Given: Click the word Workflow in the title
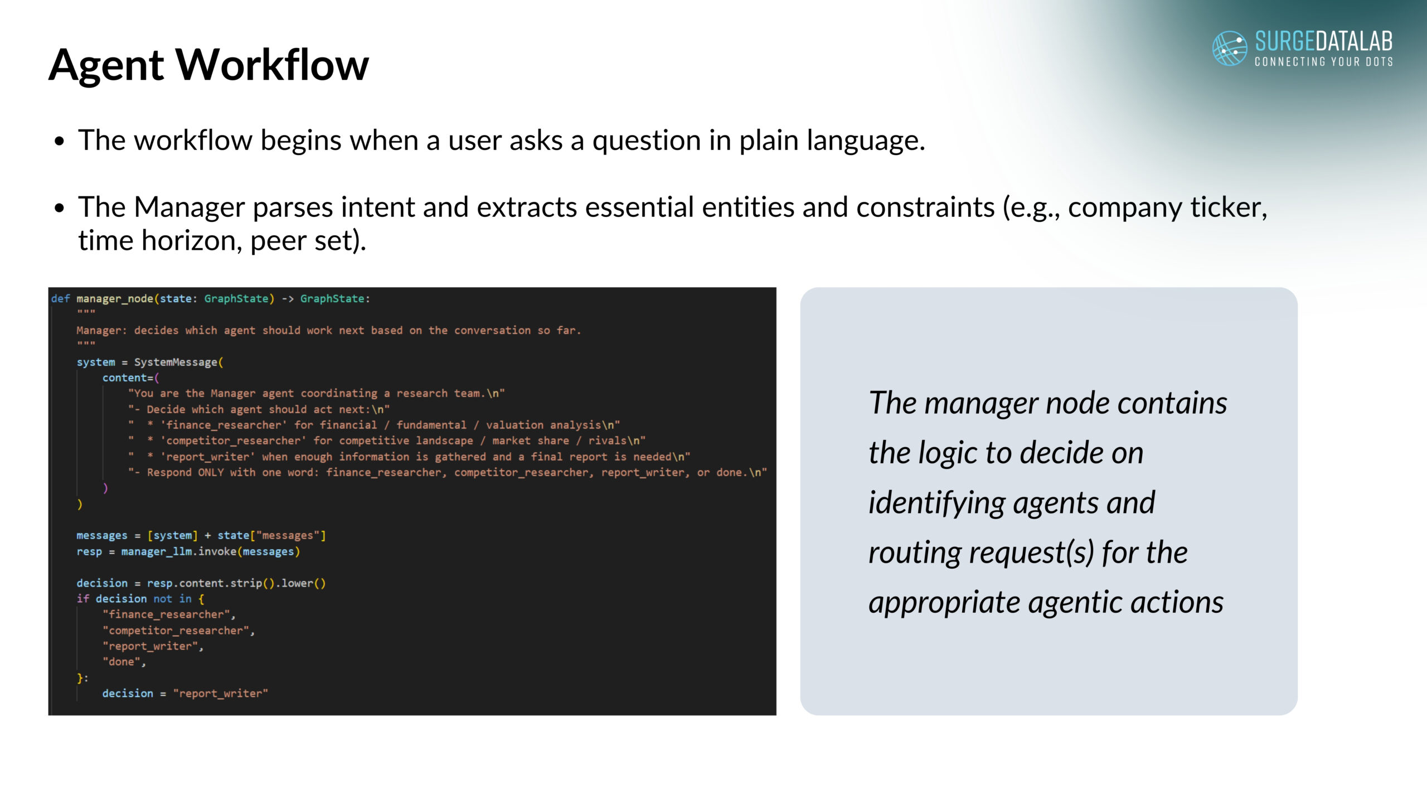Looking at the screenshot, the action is [x=273, y=65].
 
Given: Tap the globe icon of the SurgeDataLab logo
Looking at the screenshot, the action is [x=1230, y=48].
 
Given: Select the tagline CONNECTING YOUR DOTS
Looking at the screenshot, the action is [x=1324, y=61].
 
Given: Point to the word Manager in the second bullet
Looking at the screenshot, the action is [x=190, y=207].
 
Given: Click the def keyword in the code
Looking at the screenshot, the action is [x=61, y=299].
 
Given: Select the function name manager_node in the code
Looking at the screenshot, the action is [x=115, y=299].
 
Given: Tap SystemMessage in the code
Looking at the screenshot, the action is [x=176, y=362].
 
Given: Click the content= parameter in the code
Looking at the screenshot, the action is [x=128, y=378].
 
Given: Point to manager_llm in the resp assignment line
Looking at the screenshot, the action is [x=157, y=552].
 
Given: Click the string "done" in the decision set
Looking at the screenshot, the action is [x=122, y=662].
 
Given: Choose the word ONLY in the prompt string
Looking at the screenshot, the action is [x=211, y=472].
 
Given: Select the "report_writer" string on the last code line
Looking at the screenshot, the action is [x=221, y=694].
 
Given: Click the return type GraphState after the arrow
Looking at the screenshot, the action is [x=332, y=299].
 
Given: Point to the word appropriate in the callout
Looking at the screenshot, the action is [x=944, y=603].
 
